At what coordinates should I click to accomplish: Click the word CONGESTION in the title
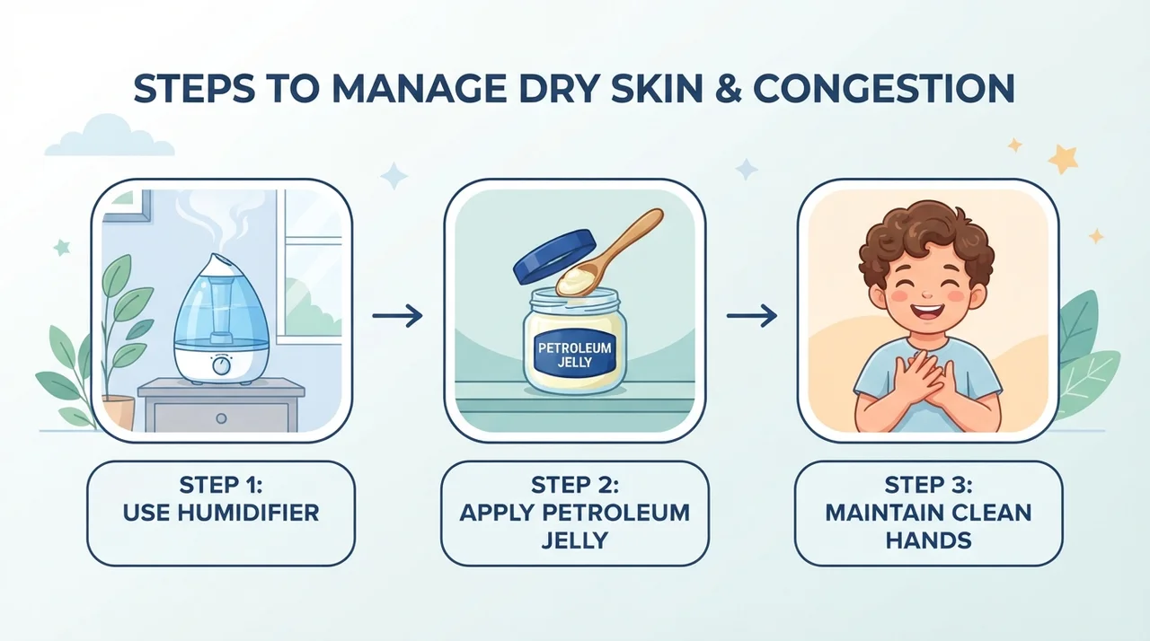[x=883, y=89]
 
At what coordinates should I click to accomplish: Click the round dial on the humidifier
[x=221, y=365]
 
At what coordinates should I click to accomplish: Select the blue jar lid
[x=555, y=257]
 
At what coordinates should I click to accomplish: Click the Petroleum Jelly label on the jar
[x=574, y=355]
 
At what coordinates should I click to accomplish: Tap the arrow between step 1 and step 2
[x=397, y=315]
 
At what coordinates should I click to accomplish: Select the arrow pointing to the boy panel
[x=752, y=315]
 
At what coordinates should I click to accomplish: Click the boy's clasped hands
[x=924, y=381]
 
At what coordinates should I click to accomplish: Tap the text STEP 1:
[x=221, y=485]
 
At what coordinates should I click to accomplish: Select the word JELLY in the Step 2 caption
[x=574, y=540]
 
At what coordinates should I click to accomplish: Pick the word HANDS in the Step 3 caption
[x=928, y=540]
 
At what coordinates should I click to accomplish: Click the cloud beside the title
[x=110, y=137]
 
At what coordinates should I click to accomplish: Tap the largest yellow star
[x=1062, y=159]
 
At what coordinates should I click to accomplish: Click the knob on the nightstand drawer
[x=221, y=418]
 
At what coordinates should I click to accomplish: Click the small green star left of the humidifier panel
[x=62, y=248]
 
